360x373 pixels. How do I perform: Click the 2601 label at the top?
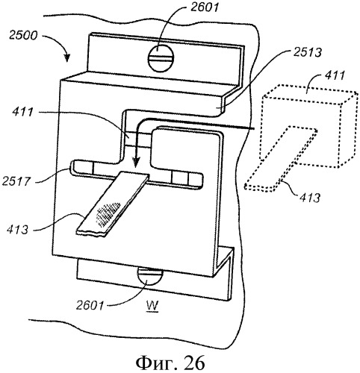(x=205, y=7)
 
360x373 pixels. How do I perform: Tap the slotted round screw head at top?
(x=161, y=59)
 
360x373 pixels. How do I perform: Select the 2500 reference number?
(x=23, y=35)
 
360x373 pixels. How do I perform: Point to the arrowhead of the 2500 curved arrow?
(x=67, y=57)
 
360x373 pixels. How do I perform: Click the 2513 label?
(x=307, y=52)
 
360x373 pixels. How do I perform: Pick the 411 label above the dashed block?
(x=334, y=75)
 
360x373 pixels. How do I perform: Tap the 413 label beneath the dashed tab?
(x=309, y=198)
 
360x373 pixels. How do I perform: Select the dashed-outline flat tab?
(x=281, y=159)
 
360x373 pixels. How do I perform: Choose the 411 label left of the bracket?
(x=22, y=112)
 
